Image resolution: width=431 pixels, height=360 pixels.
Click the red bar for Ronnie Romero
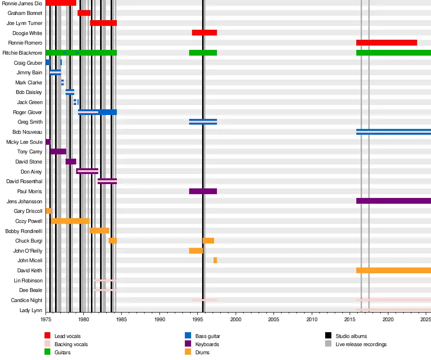pos(386,43)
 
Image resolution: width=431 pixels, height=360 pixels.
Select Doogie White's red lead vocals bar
pos(204,33)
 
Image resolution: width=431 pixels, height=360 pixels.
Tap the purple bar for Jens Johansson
pos(393,201)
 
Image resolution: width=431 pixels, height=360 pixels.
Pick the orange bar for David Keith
pos(393,270)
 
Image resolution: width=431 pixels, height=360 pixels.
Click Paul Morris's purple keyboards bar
pos(203,191)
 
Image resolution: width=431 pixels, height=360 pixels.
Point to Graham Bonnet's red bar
pos(84,13)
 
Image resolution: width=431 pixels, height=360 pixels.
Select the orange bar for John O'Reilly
pos(196,251)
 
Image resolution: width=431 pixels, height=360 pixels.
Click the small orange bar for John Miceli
pos(215,260)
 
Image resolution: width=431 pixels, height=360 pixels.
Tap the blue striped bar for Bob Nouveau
pos(393,132)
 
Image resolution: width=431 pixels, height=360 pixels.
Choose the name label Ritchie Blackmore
pos(22,53)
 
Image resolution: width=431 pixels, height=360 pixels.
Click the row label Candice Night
pos(26,301)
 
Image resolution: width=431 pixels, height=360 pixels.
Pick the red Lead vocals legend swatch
pos(47,336)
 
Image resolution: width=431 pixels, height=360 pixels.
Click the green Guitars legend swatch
pos(47,352)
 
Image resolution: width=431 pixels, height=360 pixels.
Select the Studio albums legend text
pos(351,336)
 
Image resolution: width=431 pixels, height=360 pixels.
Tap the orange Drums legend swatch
pos(188,352)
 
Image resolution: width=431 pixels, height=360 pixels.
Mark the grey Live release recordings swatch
pos(328,344)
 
